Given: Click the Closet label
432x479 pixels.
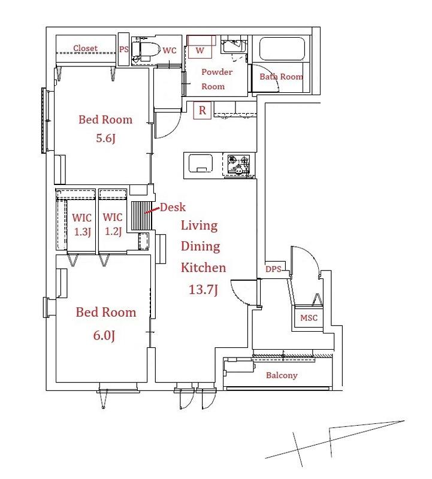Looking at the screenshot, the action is pos(85,48).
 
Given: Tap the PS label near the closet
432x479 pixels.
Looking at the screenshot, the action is pos(124,49).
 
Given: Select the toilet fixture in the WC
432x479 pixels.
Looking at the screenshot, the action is pos(147,50).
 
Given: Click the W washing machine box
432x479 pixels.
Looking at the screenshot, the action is pos(200,47).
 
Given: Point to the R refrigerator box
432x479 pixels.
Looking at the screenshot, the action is pos(203,110).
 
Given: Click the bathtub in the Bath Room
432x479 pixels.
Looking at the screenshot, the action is pos(282,49).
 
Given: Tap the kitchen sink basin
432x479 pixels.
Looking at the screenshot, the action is pos(201,163).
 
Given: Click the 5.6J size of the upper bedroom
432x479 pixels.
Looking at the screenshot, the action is pos(105,138).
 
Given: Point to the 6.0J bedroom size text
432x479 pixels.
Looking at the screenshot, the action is pos(104,335).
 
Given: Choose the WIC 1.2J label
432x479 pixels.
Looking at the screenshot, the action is pos(113,224).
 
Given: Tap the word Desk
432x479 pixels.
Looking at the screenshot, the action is pos(173,207).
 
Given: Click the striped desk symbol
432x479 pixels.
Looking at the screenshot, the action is pos(141,216).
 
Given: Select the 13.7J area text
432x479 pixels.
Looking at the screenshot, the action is pos(203,289).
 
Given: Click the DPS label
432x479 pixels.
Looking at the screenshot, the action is pos(273,269).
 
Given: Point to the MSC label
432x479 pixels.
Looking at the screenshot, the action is pos(309,318).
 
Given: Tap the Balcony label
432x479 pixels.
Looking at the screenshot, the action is pos(282,375).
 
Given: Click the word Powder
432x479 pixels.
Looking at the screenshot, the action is pos(217,72).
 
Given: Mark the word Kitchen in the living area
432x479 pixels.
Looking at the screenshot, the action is pos(203,268).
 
